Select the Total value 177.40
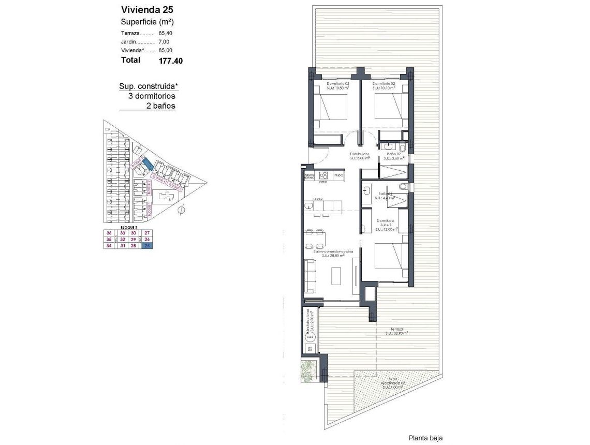click(170, 61)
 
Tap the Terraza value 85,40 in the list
click(166, 33)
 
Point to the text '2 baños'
click(160, 106)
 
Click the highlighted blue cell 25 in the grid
click(148, 246)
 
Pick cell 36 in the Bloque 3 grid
click(109, 233)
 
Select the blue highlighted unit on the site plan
click(147, 164)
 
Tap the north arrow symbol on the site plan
click(182, 210)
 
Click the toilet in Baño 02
click(403, 148)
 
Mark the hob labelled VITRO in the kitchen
click(323, 175)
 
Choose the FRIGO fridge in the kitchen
click(339, 175)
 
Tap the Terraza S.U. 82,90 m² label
click(396, 331)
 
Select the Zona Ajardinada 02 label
click(391, 383)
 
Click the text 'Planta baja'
click(425, 438)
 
